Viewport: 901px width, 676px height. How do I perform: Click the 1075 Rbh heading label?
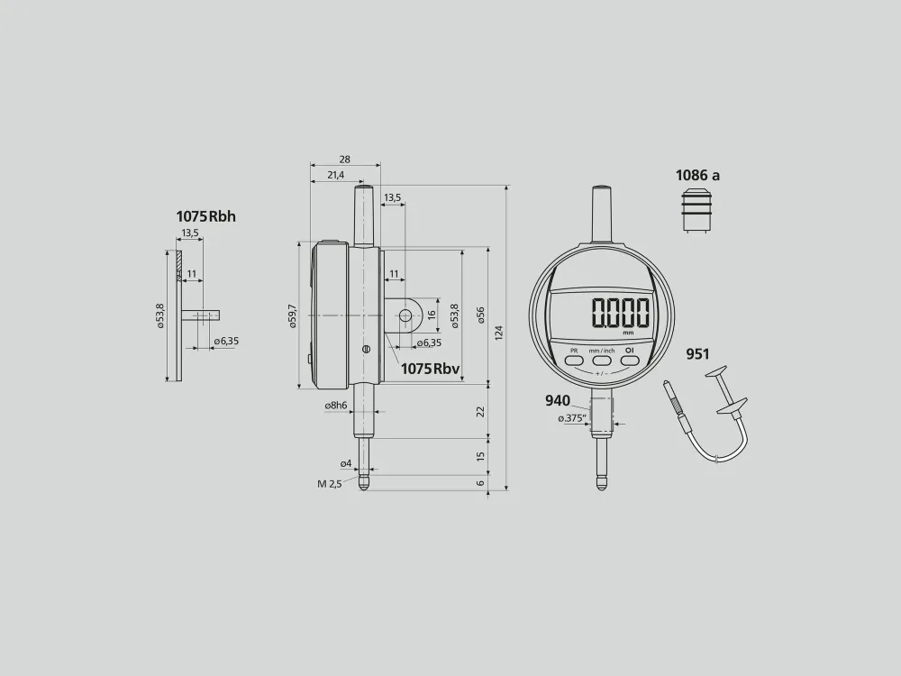205,216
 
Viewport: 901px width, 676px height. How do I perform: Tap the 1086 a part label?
697,176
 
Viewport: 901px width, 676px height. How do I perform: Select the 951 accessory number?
697,354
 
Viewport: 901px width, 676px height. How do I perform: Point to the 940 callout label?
558,401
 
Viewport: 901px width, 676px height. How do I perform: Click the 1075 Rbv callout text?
430,369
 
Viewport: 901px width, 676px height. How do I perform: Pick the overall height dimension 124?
499,333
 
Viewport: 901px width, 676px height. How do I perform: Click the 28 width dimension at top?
345,160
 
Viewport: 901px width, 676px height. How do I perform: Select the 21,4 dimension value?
335,175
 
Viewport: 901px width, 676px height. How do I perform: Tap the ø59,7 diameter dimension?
293,316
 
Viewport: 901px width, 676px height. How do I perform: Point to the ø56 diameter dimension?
481,315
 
